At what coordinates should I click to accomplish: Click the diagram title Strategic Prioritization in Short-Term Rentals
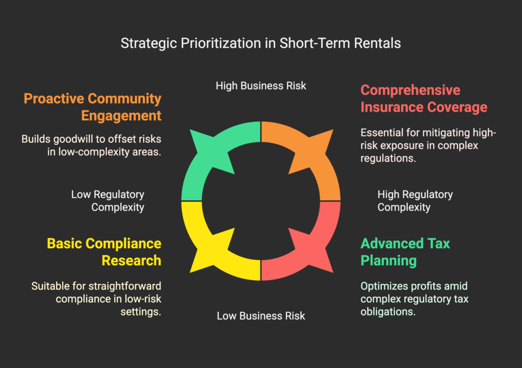(260, 43)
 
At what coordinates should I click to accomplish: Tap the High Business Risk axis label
(260, 86)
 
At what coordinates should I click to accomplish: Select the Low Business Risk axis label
(260, 316)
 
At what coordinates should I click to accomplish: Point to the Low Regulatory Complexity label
(108, 201)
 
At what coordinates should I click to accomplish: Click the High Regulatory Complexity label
(415, 201)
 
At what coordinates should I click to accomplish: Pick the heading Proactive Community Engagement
(93, 107)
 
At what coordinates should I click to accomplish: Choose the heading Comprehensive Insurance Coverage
(424, 98)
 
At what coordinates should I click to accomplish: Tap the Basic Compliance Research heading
(104, 252)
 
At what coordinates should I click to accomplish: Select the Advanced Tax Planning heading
(405, 252)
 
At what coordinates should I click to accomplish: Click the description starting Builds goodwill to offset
(91, 145)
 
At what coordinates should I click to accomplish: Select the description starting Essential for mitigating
(428, 145)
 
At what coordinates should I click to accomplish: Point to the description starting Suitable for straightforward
(96, 299)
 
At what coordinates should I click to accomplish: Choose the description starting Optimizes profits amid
(414, 299)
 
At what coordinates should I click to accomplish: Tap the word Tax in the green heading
(439, 244)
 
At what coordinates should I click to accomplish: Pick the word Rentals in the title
(377, 43)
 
